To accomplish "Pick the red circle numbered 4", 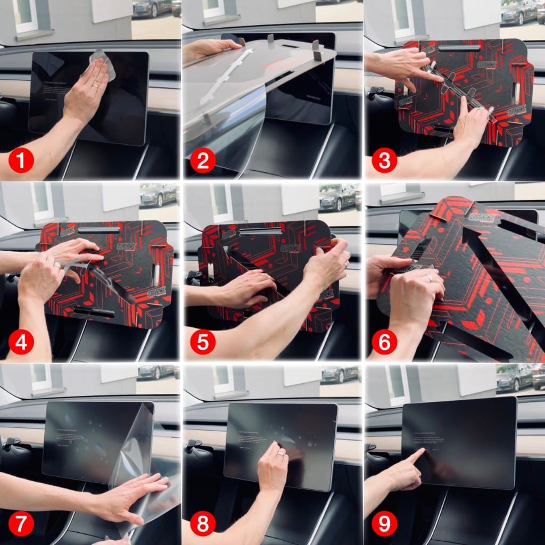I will click(x=21, y=342).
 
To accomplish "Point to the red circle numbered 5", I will click(x=202, y=342).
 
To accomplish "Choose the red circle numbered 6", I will click(x=384, y=342).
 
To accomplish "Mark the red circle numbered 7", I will click(x=21, y=524).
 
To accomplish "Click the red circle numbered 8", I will click(x=202, y=524).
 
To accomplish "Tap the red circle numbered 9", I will click(x=384, y=524).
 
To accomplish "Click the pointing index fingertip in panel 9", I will click(x=423, y=451).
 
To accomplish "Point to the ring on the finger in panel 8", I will click(x=280, y=454).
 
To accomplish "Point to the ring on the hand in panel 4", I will click(x=57, y=264).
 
